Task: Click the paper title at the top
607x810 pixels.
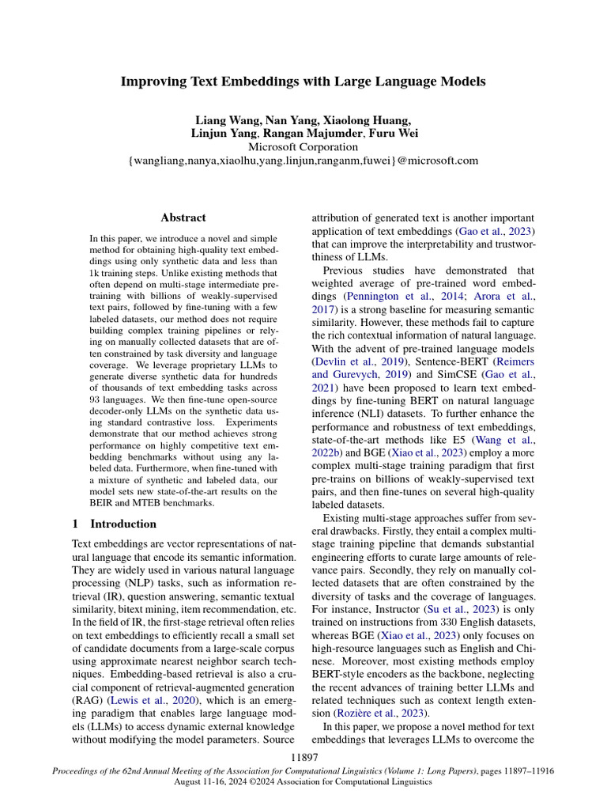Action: click(x=303, y=81)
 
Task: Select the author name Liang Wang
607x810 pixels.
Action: click(x=227, y=120)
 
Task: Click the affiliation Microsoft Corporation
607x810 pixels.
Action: click(x=303, y=147)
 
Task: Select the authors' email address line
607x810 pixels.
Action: click(x=303, y=161)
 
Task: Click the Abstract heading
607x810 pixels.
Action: click(x=183, y=218)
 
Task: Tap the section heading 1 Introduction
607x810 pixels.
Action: click(x=114, y=524)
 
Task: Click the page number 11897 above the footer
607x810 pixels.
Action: click(x=303, y=758)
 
